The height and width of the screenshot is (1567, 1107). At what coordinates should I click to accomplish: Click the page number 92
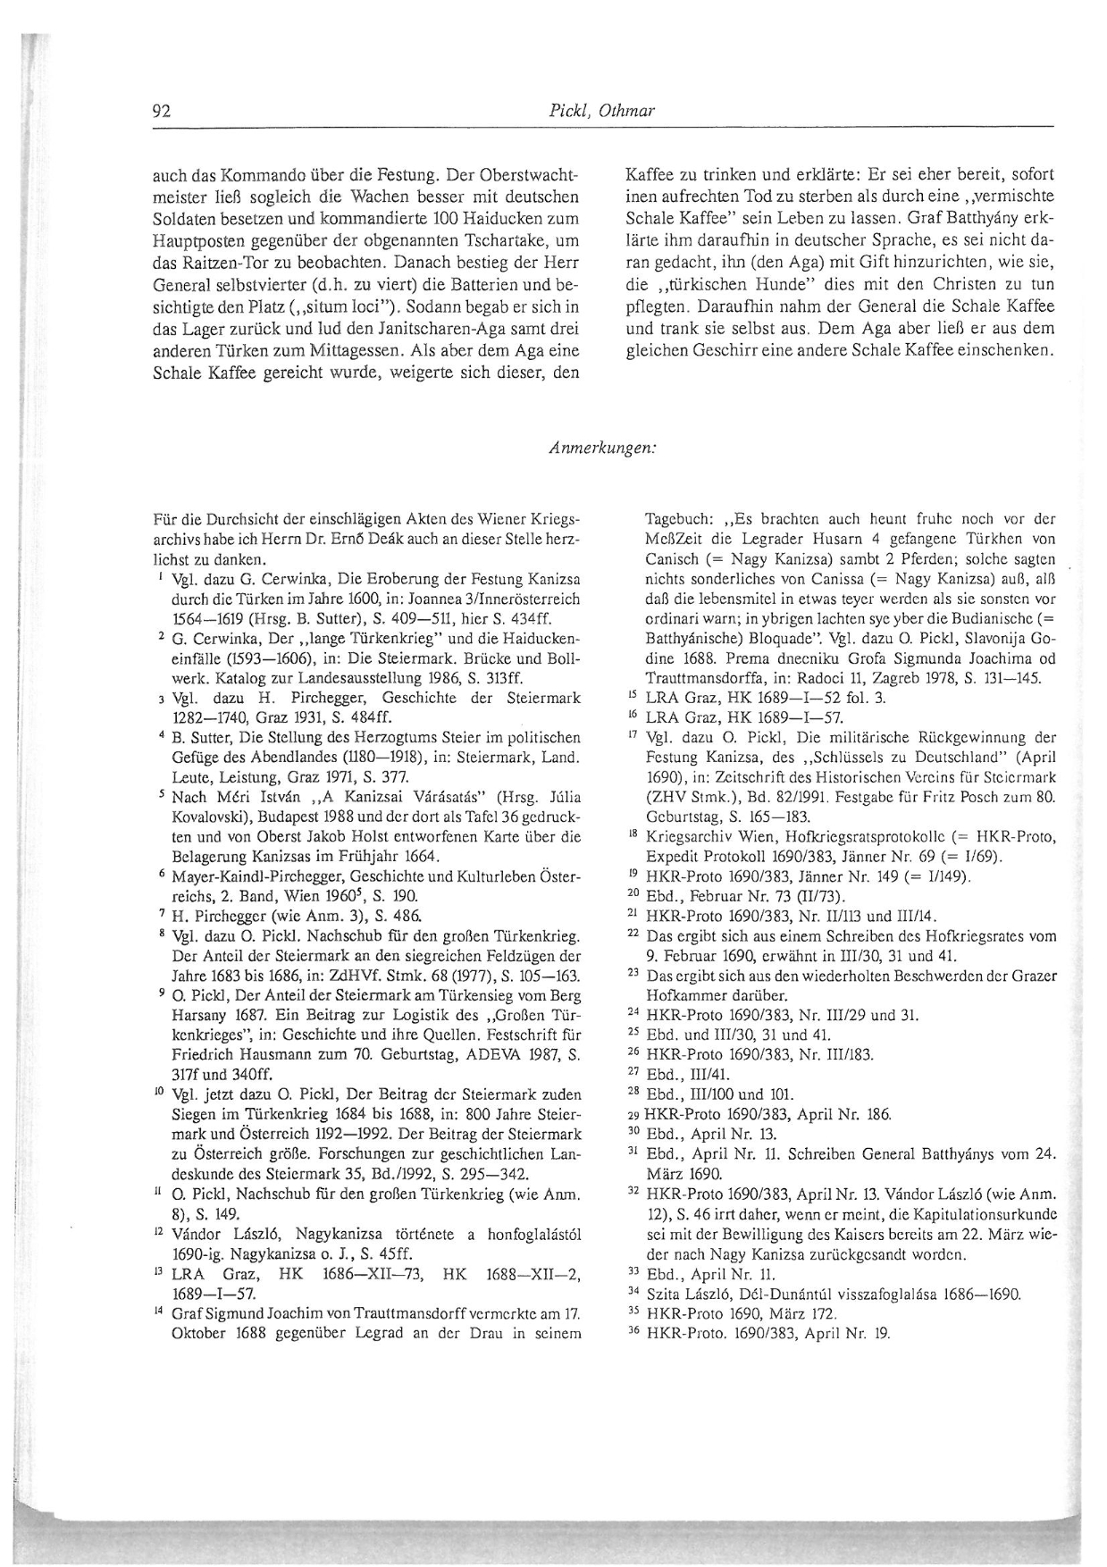[162, 112]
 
